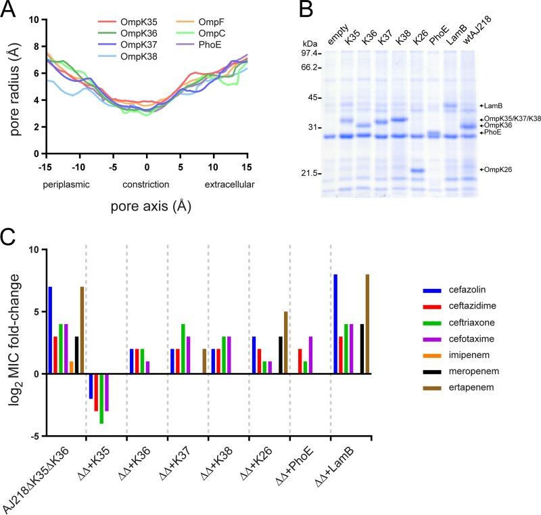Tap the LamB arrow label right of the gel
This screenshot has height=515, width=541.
click(493, 106)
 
